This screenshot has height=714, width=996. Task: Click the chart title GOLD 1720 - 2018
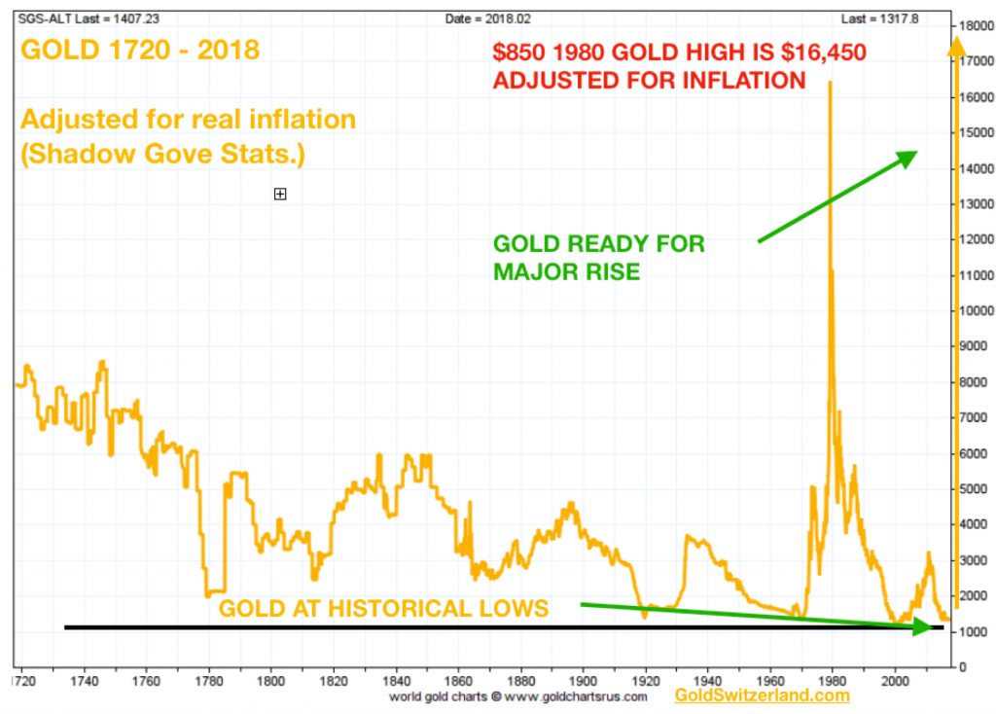pos(140,49)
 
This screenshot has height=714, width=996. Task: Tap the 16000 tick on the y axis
pos(976,97)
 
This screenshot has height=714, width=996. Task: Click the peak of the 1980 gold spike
pos(830,83)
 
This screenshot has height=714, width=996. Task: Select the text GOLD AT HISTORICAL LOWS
pos(383,610)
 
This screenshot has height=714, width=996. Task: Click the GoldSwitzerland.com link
pos(762,696)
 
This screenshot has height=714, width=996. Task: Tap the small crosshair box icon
pos(280,195)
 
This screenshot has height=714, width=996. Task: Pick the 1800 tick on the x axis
pos(270,682)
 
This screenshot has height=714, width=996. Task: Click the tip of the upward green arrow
pos(916,153)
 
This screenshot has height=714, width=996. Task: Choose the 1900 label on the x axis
pos(583,682)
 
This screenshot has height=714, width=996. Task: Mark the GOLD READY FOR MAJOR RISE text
pos(598,257)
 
